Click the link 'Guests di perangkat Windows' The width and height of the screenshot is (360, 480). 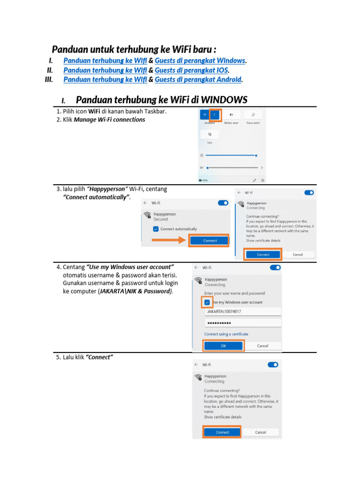click(200, 60)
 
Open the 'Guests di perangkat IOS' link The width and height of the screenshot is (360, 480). click(191, 70)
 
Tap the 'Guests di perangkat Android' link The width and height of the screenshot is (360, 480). click(198, 80)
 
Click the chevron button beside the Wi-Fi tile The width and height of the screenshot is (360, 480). click(215, 114)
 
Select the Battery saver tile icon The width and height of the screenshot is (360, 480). click(231, 114)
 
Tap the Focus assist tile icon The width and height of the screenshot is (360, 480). click(253, 114)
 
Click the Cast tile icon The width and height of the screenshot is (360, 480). click(210, 135)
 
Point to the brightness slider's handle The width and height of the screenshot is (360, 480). click(256, 155)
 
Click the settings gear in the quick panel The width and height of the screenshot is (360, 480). click(263, 180)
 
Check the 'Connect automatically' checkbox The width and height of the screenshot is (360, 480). click(156, 229)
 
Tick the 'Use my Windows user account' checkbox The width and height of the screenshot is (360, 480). click(207, 302)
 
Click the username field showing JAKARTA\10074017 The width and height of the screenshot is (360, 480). click(243, 311)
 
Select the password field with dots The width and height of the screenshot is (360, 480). click(243, 323)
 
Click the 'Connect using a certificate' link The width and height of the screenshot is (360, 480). click(226, 334)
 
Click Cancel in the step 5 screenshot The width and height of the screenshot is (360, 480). click(261, 432)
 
